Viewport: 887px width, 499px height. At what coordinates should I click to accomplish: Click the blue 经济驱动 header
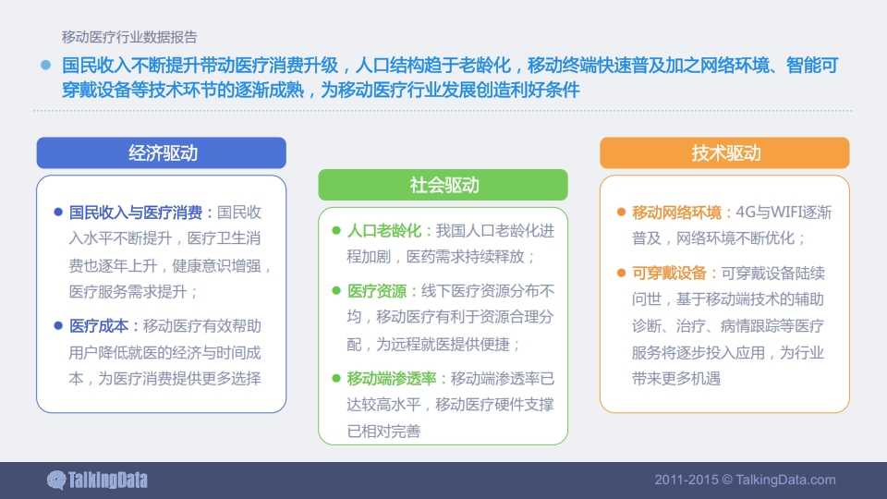click(161, 152)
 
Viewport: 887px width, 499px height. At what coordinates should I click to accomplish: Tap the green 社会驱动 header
click(443, 185)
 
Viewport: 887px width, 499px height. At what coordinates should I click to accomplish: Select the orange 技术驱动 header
click(724, 152)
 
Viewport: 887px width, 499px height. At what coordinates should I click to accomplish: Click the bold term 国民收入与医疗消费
click(136, 213)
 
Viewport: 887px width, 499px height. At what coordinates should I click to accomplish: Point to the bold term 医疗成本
click(99, 326)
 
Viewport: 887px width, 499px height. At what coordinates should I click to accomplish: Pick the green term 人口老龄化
click(384, 231)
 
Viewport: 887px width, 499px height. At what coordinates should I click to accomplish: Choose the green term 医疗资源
click(377, 291)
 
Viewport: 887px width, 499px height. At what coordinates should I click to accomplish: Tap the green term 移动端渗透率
click(392, 379)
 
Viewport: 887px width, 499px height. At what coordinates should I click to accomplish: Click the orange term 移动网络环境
click(676, 213)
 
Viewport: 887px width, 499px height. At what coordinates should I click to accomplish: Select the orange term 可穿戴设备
click(669, 274)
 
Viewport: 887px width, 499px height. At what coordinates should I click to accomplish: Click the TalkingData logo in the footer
click(97, 481)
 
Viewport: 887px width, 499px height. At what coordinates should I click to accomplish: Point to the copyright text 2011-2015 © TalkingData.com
click(745, 480)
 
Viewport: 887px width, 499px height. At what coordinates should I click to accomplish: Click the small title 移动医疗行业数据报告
click(129, 37)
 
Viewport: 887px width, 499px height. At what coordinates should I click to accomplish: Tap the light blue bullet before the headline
click(46, 65)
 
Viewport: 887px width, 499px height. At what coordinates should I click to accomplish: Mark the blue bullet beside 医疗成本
click(57, 326)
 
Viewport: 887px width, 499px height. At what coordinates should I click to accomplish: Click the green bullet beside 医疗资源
click(336, 291)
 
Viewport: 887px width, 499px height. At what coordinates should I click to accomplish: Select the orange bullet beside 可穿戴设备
click(621, 274)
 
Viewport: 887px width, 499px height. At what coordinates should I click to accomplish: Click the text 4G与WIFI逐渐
click(784, 213)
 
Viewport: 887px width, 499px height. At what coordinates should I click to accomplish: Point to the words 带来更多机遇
click(676, 379)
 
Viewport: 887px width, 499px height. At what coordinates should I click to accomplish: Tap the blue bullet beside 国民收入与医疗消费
click(57, 213)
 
